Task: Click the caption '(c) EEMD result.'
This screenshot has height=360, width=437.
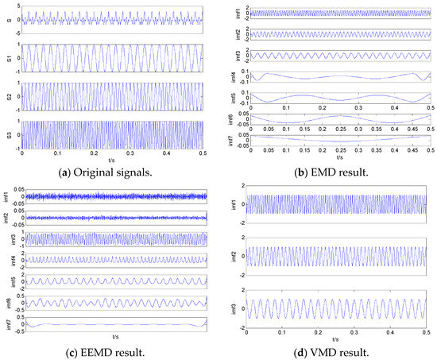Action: coord(106,349)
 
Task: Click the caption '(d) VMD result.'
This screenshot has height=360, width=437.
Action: coord(327,349)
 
